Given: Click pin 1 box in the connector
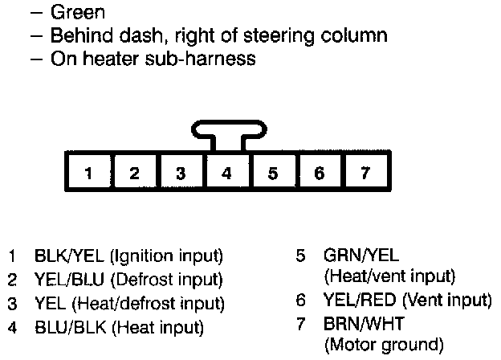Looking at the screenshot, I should coord(89,172).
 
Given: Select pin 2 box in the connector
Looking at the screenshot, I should coord(135,172).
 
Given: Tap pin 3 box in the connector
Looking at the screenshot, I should coord(181,172).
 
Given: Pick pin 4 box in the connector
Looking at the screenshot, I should coord(227,172).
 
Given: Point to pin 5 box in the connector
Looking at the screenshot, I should coord(274,172).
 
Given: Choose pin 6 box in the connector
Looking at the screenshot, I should coord(320,172).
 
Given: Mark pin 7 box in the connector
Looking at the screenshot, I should coord(366,172).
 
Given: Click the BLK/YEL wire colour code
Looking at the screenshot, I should coord(63,257).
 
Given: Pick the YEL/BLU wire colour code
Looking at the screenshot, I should coord(63,280).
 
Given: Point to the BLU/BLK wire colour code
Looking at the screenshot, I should coord(64,327).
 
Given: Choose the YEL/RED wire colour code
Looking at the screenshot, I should coord(353,301).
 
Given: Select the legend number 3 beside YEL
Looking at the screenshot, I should coord(13,304).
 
